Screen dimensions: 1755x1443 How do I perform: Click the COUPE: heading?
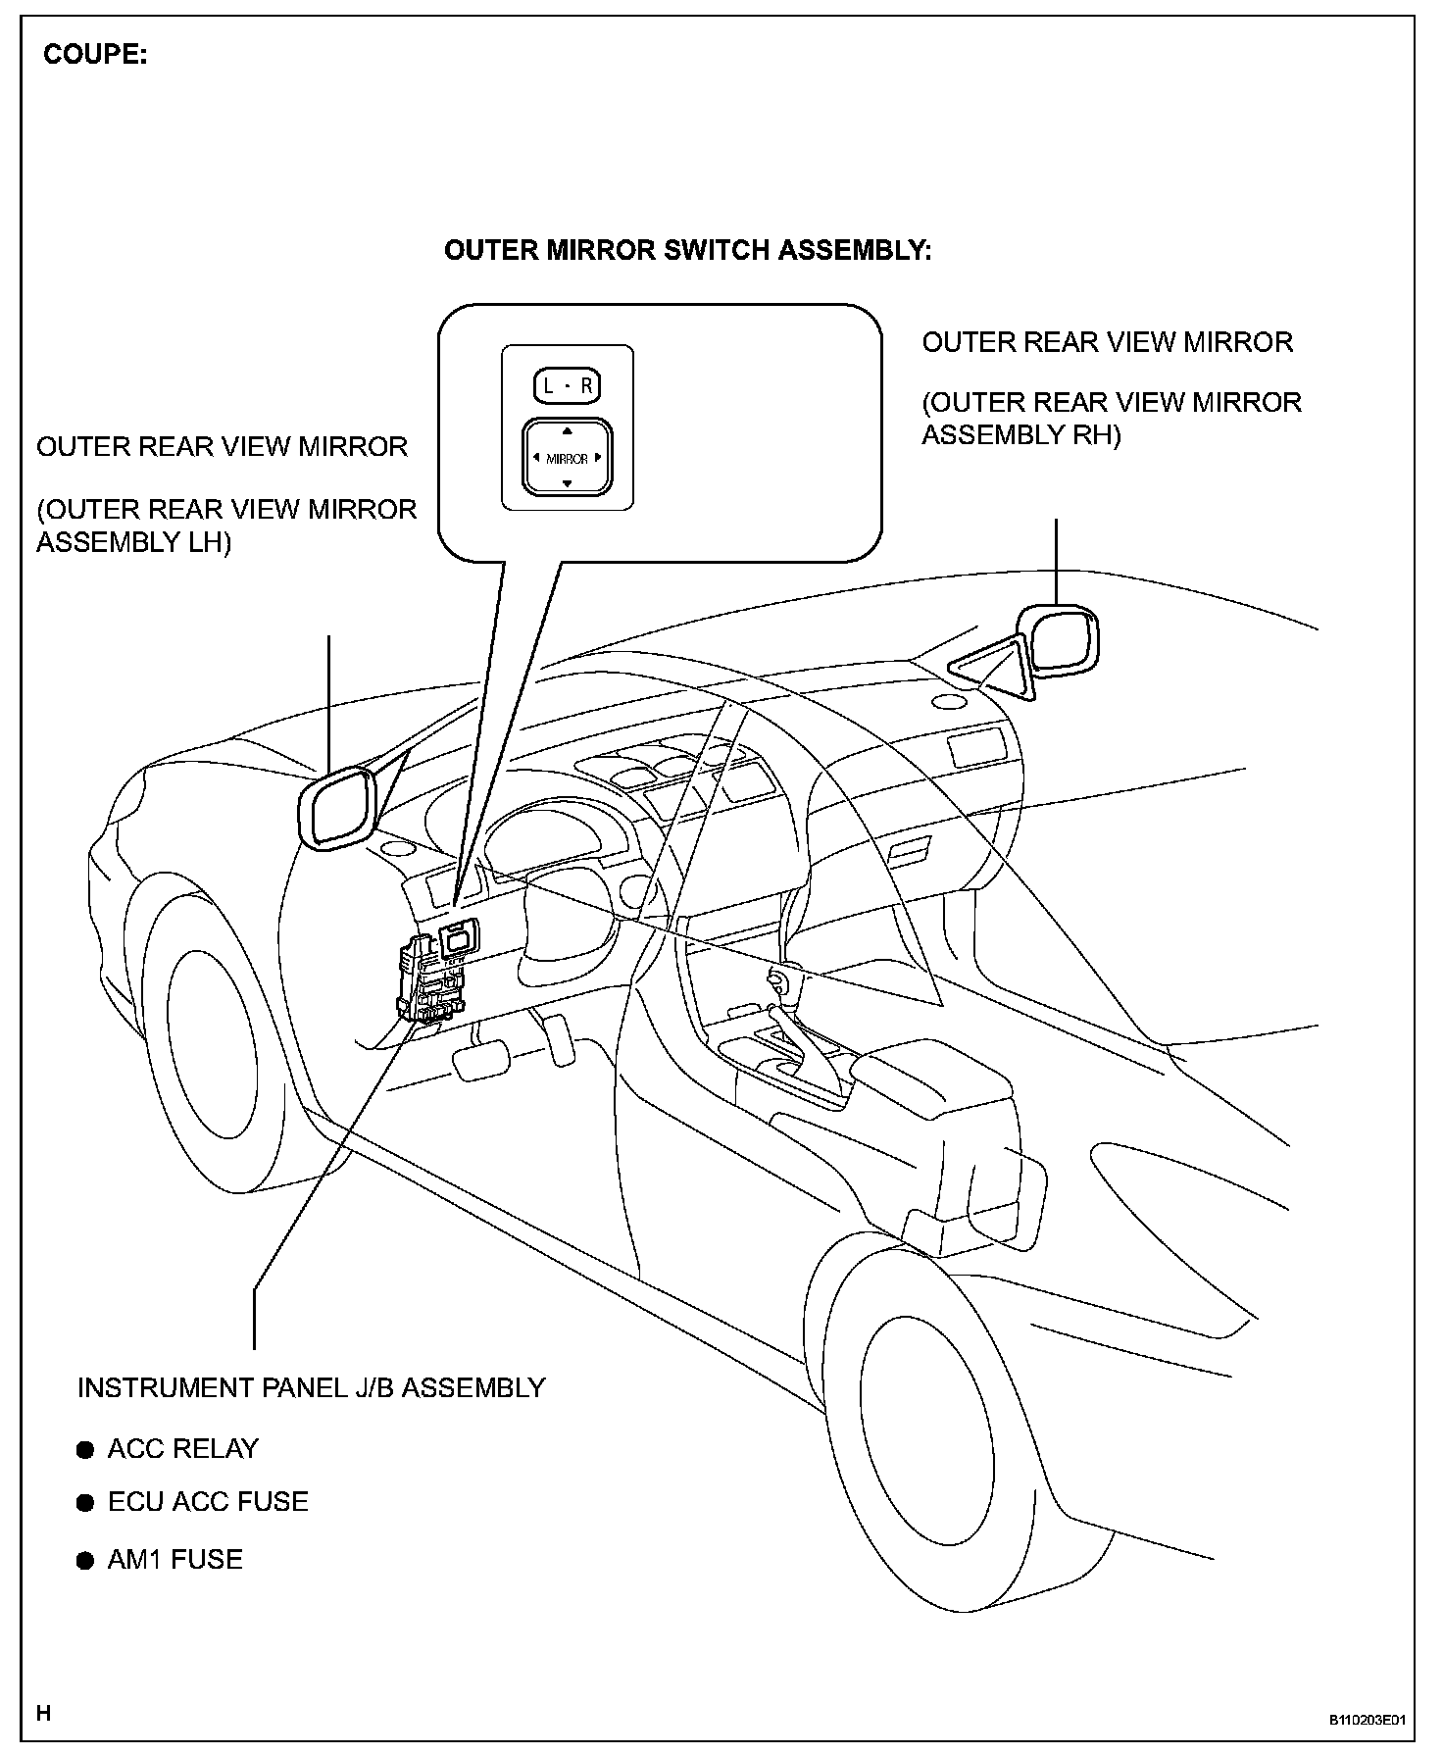tap(95, 55)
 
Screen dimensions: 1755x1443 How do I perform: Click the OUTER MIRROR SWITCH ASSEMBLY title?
tap(687, 251)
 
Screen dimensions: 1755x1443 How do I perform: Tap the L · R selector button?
tap(567, 386)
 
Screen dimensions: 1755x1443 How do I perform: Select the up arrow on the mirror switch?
tap(567, 430)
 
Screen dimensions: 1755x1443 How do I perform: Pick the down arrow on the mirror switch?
tap(567, 483)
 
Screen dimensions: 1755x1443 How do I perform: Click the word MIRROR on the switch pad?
tap(567, 458)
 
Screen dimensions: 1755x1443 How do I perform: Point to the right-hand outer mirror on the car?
tap(1060, 641)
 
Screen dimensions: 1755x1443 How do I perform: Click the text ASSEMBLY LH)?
tap(133, 542)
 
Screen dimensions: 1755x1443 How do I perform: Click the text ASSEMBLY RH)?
tap(1020, 434)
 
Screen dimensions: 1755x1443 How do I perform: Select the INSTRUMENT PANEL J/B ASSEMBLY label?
tap(311, 1388)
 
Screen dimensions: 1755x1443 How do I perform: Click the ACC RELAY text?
tap(182, 1449)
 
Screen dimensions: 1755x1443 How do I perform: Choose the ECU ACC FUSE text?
tap(208, 1502)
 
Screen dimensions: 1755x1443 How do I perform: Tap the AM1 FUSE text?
tap(174, 1560)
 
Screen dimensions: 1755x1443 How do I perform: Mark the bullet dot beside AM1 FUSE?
tap(86, 1561)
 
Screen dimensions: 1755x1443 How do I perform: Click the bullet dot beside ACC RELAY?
tap(86, 1450)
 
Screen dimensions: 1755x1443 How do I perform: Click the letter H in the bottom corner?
tap(44, 1713)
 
